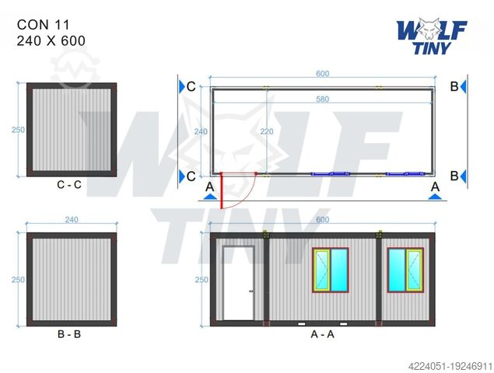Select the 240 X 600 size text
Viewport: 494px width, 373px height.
[x=51, y=40]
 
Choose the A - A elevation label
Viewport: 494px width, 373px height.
[x=321, y=335]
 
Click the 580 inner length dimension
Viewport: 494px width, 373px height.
[x=322, y=99]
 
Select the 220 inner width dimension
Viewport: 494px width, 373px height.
[x=266, y=132]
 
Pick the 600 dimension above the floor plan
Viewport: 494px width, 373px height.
[x=322, y=74]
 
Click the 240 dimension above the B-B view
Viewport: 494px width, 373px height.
[x=71, y=220]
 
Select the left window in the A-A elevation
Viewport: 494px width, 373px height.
[x=332, y=270]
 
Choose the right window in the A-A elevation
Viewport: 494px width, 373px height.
[x=405, y=270]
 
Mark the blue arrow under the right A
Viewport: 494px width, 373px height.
[x=435, y=197]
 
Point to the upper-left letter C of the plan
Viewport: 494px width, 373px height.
[x=191, y=86]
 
